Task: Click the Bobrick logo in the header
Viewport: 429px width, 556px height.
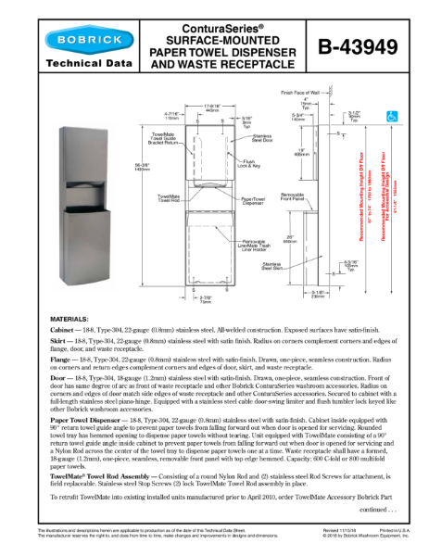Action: pos(70,42)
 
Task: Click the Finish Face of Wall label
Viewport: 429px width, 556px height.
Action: pos(299,94)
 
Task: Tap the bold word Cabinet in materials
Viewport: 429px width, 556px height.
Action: pos(64,330)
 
